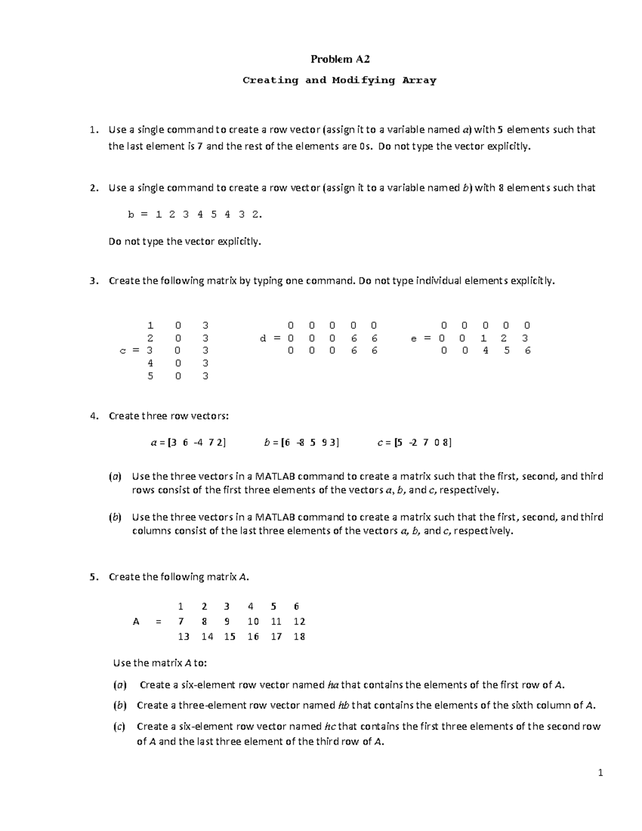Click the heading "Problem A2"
340,59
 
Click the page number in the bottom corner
601,772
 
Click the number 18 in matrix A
299,636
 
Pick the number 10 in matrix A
253,621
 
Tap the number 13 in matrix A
184,636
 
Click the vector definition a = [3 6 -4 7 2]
188,443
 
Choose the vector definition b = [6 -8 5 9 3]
302,443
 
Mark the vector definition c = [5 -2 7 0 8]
415,443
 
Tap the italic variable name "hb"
343,705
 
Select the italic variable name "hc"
330,726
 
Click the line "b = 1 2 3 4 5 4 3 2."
195,215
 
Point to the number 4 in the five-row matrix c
150,363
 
